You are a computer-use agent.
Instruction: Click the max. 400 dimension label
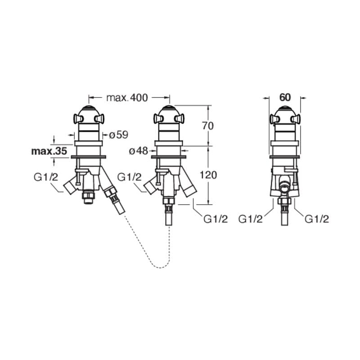(127, 98)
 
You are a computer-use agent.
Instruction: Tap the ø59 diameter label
(118, 135)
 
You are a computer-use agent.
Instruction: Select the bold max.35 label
(49, 151)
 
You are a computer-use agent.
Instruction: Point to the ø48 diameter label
(139, 151)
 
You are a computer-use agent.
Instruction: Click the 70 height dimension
(208, 126)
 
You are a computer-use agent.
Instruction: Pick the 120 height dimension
(208, 175)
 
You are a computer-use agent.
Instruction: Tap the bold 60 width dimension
(285, 98)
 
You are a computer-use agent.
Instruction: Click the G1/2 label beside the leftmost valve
(46, 177)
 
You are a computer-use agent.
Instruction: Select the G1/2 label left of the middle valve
(129, 177)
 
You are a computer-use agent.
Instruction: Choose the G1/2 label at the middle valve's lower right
(216, 219)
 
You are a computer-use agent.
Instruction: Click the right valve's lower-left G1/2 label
(250, 219)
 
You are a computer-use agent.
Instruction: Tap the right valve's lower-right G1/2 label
(317, 219)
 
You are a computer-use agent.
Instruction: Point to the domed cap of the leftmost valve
(89, 111)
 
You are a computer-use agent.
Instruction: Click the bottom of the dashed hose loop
(160, 268)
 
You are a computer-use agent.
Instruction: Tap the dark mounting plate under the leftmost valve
(88, 157)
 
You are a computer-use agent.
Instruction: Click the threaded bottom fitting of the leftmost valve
(88, 198)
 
